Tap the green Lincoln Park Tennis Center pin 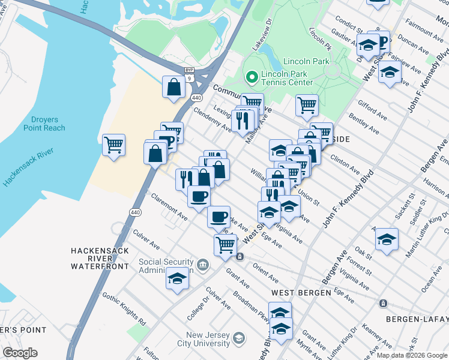[x=251, y=77]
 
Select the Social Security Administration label [x=166, y=266]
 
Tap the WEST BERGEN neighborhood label [x=301, y=292]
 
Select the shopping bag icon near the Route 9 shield [x=173, y=87]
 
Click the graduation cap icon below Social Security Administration [x=177, y=279]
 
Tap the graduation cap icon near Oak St [x=387, y=239]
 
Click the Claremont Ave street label [x=169, y=206]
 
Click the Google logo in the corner [x=20, y=353]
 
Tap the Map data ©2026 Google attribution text [x=412, y=355]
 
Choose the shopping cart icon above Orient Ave [x=225, y=244]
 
